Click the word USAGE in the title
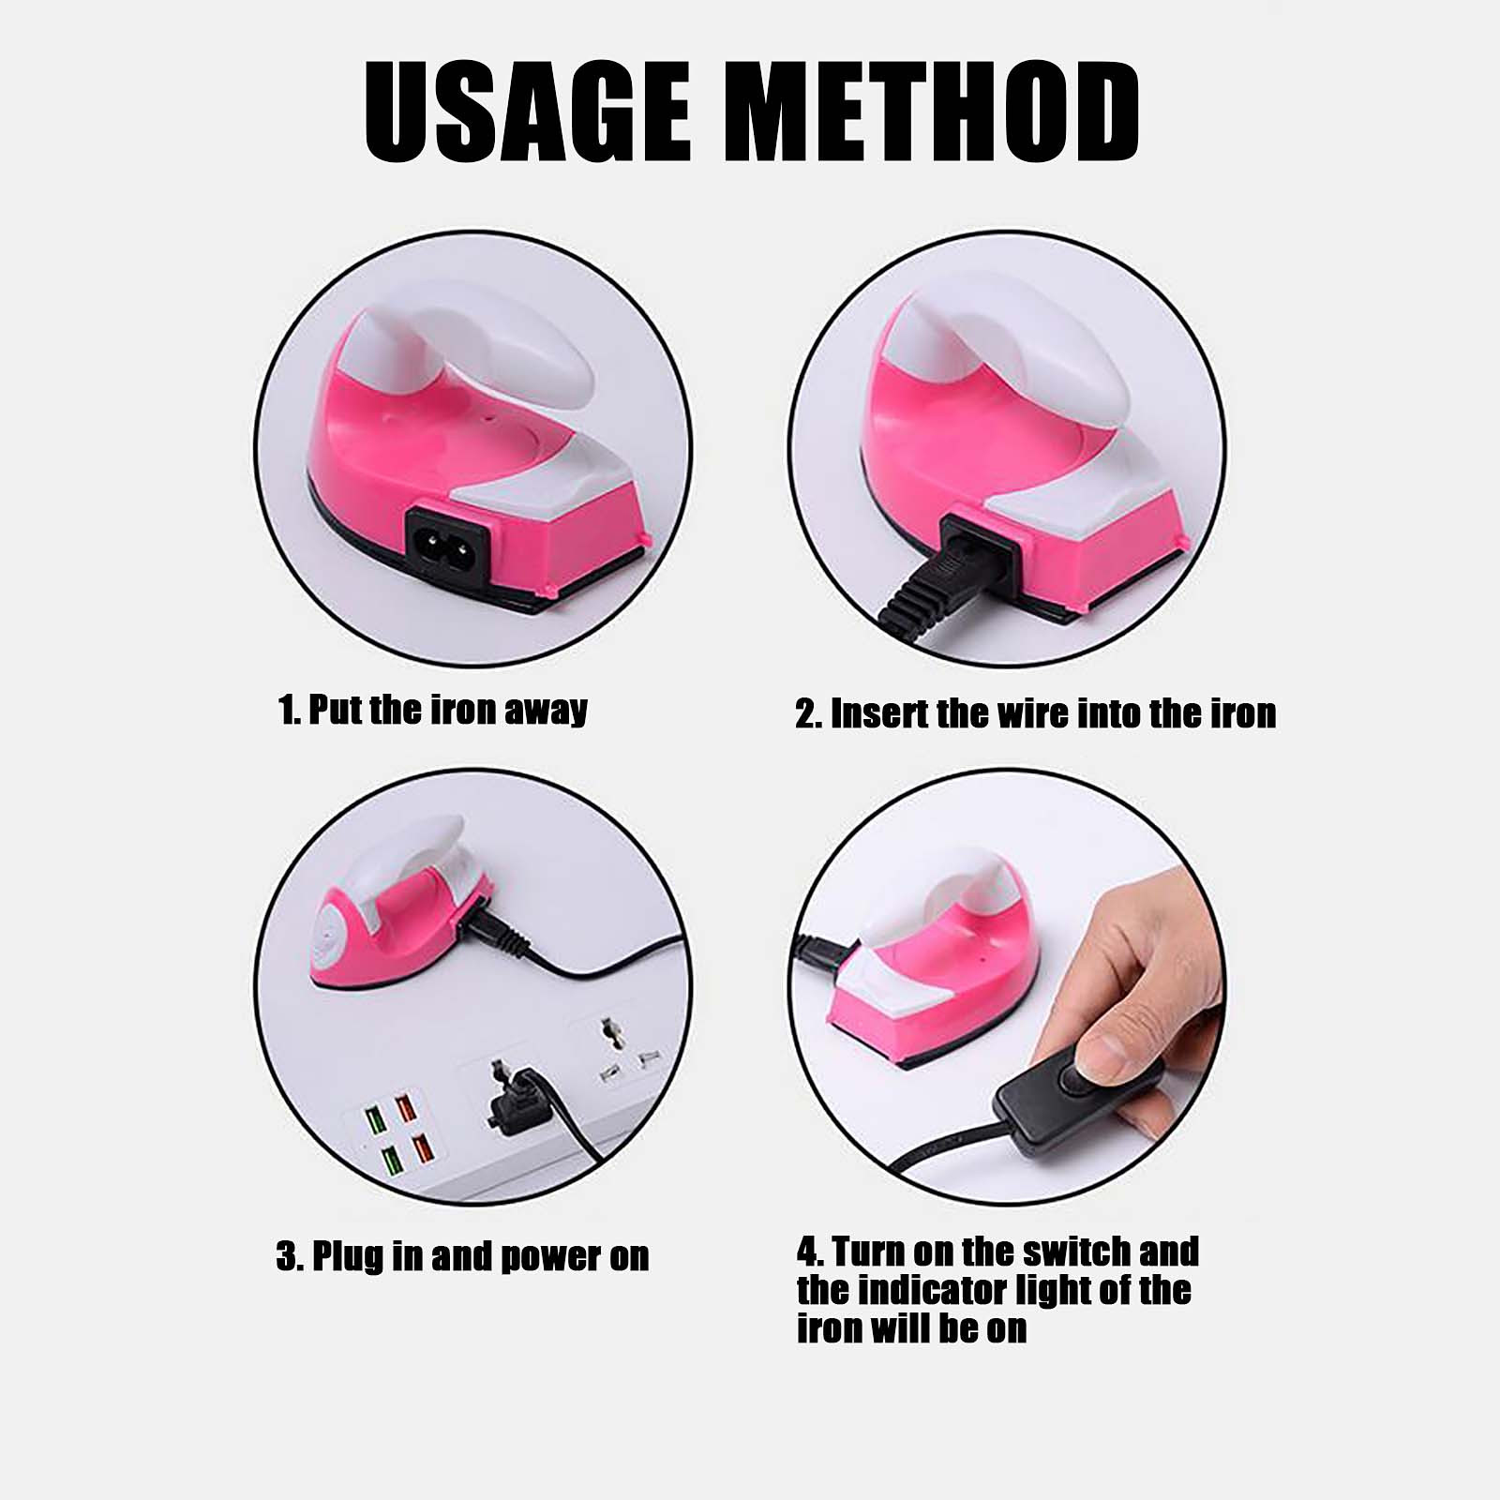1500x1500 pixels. point(527,112)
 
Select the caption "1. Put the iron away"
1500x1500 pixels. point(433,710)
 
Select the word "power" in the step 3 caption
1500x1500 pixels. point(552,1257)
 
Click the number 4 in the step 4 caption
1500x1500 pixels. point(807,1252)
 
